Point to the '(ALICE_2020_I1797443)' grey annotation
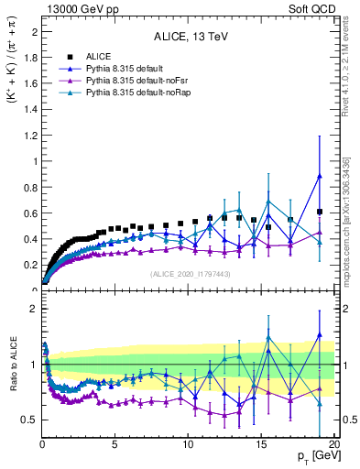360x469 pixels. click(x=191, y=274)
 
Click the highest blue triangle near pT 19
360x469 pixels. click(x=319, y=176)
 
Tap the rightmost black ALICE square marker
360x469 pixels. click(x=319, y=212)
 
